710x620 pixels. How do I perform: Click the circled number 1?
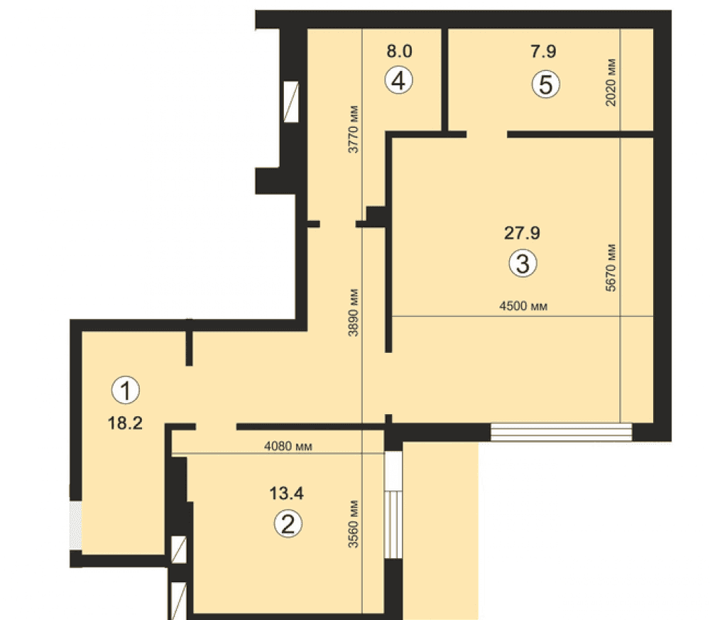[126, 390]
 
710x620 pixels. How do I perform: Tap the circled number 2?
[288, 523]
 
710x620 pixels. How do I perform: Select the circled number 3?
[523, 263]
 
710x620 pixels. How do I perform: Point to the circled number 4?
[398, 81]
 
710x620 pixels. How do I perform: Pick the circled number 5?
[545, 85]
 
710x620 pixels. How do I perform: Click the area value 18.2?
[125, 423]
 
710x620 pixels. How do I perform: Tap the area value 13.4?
[286, 493]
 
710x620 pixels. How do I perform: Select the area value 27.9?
[522, 233]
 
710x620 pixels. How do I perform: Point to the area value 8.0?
[399, 51]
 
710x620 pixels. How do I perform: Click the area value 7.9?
[543, 51]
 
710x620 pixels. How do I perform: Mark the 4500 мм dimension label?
[523, 306]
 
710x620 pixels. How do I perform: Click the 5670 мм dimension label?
[611, 268]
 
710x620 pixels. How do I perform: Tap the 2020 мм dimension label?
[611, 82]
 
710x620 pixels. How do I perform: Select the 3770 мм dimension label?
[353, 129]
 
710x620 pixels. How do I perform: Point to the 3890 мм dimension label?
[353, 312]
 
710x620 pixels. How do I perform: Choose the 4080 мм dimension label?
[288, 447]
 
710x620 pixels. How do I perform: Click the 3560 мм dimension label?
[353, 524]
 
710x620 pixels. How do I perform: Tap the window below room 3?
[561, 432]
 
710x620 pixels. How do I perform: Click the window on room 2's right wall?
[393, 505]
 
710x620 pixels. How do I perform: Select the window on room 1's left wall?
[76, 526]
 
